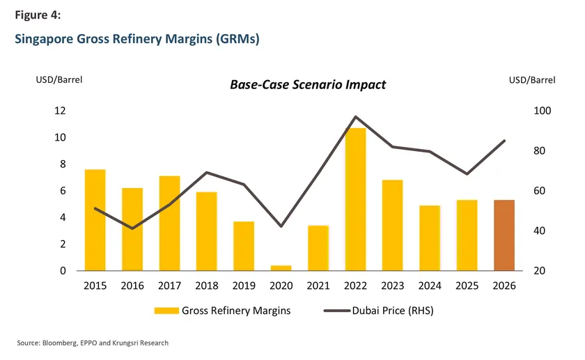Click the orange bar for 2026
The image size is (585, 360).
[x=504, y=235]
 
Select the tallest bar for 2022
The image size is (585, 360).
[x=355, y=199]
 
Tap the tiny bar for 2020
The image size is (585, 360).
[x=281, y=267]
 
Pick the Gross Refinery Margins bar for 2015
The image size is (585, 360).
[x=95, y=220]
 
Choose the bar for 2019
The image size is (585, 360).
[x=244, y=246]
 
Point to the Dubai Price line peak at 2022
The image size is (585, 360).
[x=355, y=117]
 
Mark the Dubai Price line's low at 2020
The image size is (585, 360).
[x=281, y=226]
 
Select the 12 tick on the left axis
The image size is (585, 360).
[x=60, y=111]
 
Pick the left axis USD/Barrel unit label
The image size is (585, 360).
[x=59, y=80]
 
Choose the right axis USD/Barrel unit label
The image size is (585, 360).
[x=532, y=80]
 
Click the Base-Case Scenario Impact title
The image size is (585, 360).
[x=308, y=85]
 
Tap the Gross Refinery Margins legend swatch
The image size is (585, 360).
[x=168, y=311]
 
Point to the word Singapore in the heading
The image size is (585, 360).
[x=43, y=39]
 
